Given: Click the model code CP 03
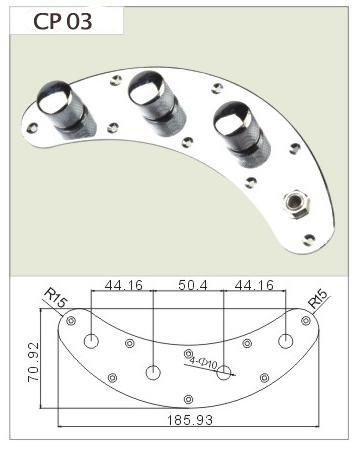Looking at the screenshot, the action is tap(63, 22).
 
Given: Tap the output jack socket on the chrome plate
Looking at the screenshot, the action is tap(296, 203).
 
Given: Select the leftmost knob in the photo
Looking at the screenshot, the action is tap(66, 110).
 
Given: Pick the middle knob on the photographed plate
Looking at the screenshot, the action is tap(157, 101).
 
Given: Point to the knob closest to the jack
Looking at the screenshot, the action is tap(242, 131).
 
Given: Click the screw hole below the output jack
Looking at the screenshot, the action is tap(309, 239).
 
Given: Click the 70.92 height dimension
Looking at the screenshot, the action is tap(34, 362).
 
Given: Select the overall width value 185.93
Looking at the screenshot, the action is tap(189, 420).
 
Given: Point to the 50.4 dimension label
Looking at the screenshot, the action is tap(193, 285).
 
